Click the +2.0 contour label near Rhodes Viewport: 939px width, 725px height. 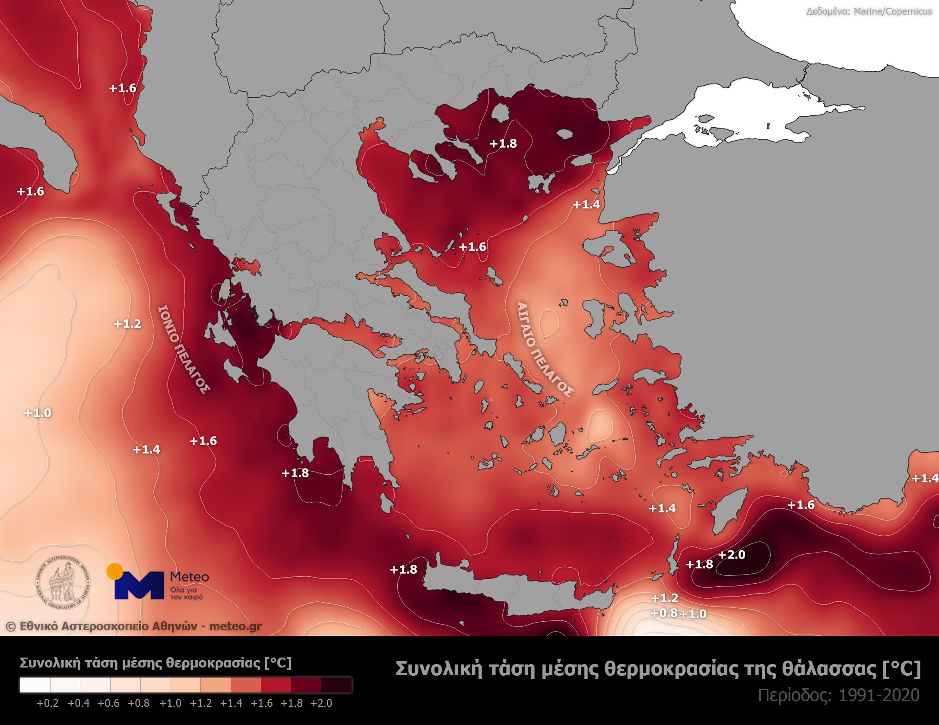(732, 555)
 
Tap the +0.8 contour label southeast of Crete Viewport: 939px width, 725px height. (664, 613)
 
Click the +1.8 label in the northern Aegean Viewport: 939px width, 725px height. (503, 144)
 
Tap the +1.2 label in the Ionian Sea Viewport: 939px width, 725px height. (127, 324)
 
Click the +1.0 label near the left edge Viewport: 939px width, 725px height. (38, 413)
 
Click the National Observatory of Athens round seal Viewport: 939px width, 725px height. (63, 582)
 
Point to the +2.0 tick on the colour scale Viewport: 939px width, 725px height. (321, 703)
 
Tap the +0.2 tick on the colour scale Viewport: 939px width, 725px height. (48, 703)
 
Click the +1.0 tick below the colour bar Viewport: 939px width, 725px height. (170, 703)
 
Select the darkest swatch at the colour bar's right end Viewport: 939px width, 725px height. (336, 685)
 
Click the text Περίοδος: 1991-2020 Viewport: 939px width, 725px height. (838, 696)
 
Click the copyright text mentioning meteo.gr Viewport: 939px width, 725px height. (134, 626)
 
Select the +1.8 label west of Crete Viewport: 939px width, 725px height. (403, 570)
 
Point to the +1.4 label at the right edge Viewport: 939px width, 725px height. (925, 478)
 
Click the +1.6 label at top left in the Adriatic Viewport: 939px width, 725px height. (123, 88)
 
